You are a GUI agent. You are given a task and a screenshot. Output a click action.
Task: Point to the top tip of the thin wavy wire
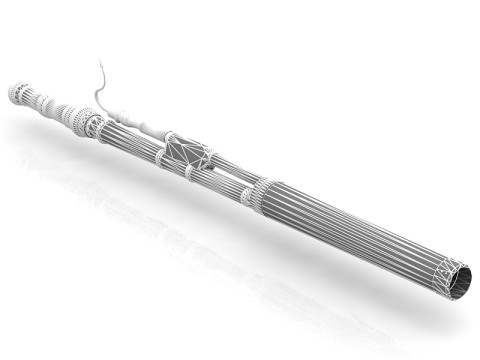(x=100, y=63)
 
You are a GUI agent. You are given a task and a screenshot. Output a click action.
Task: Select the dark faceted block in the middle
(x=191, y=153)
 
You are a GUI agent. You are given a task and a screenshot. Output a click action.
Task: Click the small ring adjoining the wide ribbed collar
(x=246, y=196)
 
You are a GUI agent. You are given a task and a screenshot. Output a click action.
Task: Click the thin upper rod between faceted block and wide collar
(x=232, y=172)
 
